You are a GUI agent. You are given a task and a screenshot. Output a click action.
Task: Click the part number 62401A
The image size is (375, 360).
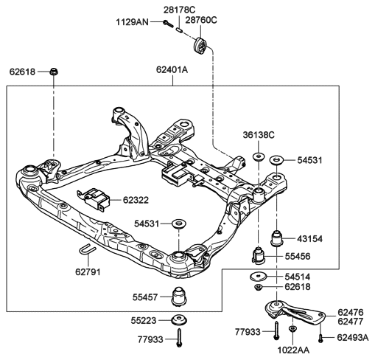pyautogui.click(x=172, y=70)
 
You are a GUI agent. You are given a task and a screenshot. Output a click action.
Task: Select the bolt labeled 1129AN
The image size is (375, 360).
pyautogui.click(x=168, y=24)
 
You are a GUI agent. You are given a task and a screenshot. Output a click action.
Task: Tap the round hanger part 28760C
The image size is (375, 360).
pyautogui.click(x=200, y=47)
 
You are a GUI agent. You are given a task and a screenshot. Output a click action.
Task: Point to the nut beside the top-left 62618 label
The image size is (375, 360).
pyautogui.click(x=54, y=72)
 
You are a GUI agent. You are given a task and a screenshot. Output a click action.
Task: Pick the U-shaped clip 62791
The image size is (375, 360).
pyautogui.click(x=88, y=248)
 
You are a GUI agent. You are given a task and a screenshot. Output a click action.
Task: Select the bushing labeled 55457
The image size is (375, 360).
pyautogui.click(x=179, y=297)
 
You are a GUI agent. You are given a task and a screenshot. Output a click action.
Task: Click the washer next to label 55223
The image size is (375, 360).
pyautogui.click(x=179, y=319)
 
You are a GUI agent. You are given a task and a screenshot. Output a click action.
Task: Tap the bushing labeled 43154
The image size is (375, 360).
pyautogui.click(x=277, y=238)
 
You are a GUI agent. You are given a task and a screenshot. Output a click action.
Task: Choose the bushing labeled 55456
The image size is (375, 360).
pyautogui.click(x=259, y=256)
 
